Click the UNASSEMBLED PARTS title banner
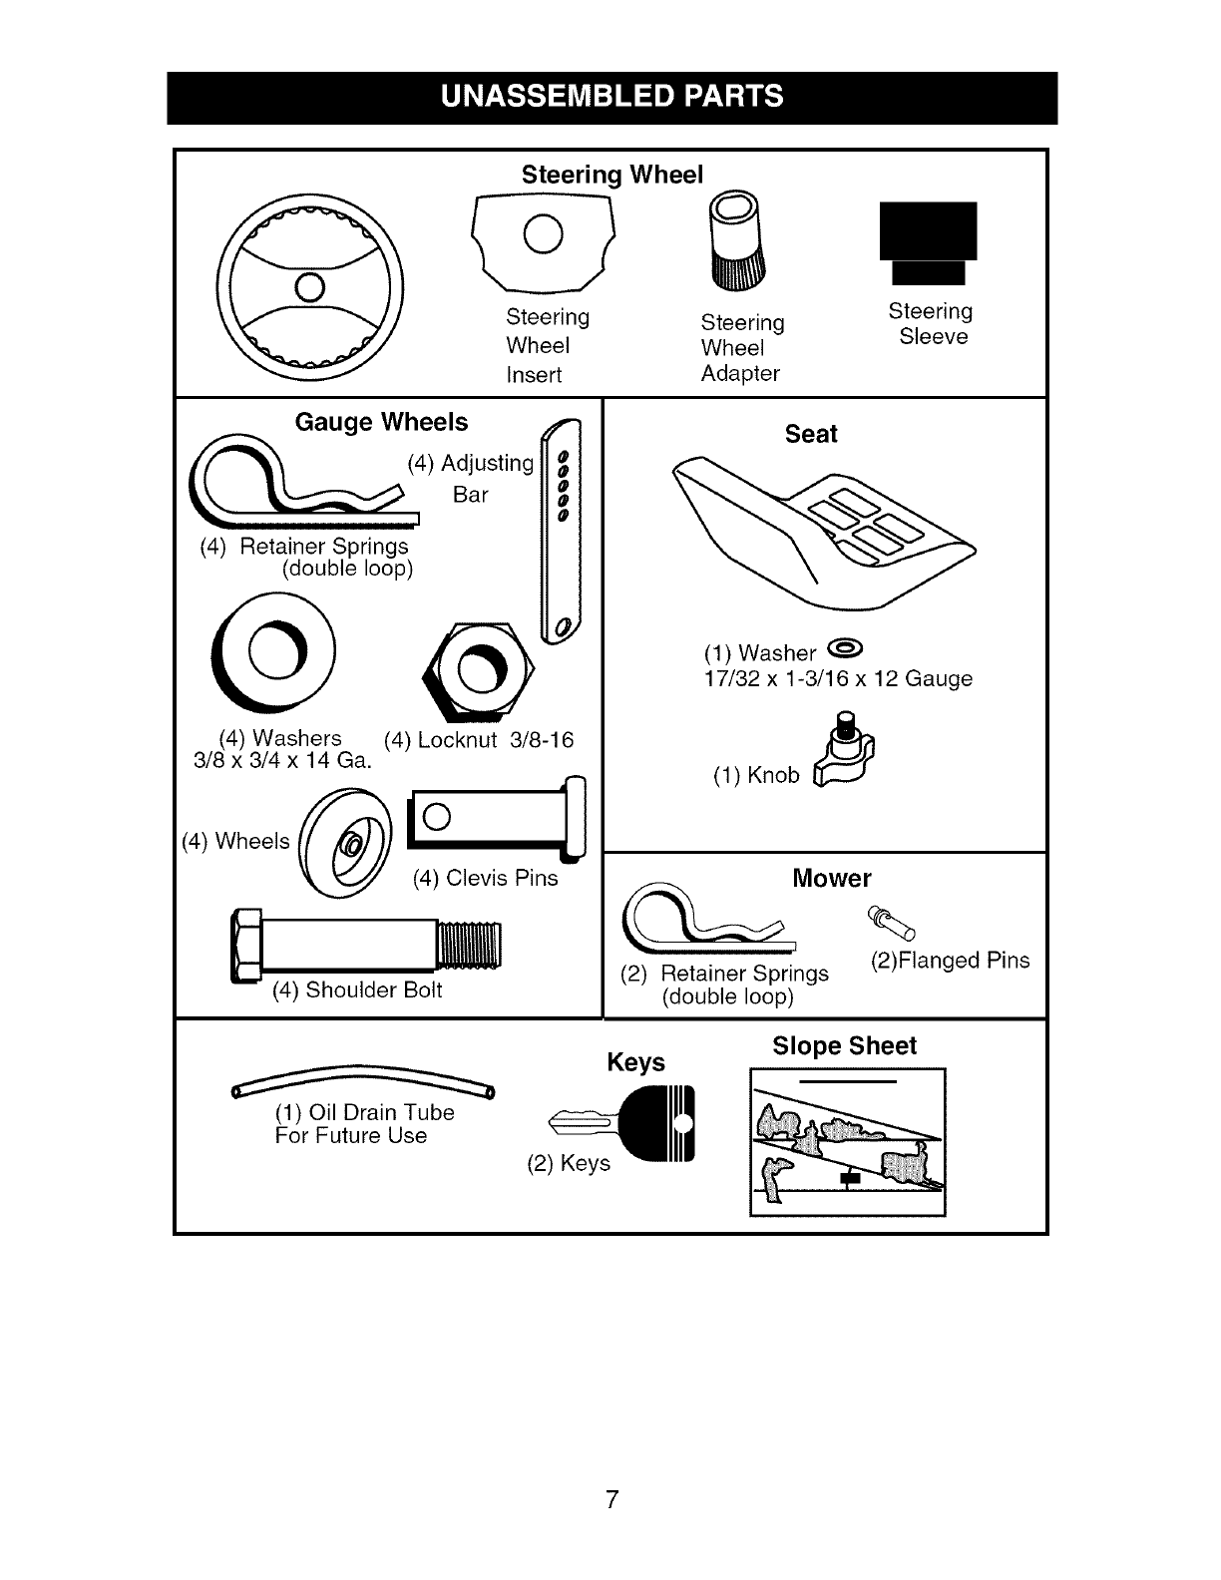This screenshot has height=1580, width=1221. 611,97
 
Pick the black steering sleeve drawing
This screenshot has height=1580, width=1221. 928,241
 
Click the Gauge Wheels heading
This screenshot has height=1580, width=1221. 381,422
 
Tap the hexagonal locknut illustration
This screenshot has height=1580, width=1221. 479,668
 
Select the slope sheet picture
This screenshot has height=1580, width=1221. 847,1143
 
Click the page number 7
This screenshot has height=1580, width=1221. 611,1499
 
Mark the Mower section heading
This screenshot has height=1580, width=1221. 831,878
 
